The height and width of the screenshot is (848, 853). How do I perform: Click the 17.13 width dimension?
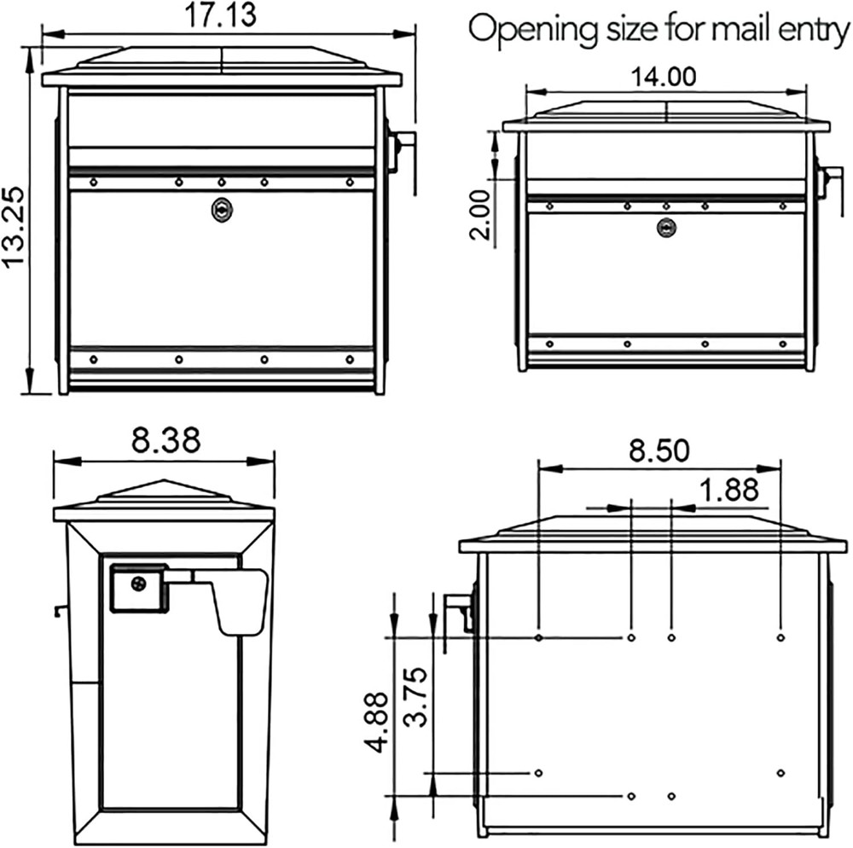221,15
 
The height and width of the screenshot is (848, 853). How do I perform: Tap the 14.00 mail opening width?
663,76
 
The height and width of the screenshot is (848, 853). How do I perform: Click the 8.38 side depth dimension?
165,441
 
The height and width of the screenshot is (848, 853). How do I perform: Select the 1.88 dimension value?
728,491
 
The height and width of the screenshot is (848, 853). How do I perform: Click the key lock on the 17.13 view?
221,210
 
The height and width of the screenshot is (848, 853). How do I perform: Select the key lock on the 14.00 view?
665,227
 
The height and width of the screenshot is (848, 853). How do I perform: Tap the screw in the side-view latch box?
138,585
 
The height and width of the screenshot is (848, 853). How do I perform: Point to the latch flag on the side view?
241,602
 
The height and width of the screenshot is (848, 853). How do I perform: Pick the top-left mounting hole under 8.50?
539,637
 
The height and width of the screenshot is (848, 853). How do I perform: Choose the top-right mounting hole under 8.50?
781,637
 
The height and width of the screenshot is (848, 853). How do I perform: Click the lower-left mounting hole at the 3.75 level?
538,773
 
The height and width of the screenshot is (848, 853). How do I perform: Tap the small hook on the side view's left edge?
58,608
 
